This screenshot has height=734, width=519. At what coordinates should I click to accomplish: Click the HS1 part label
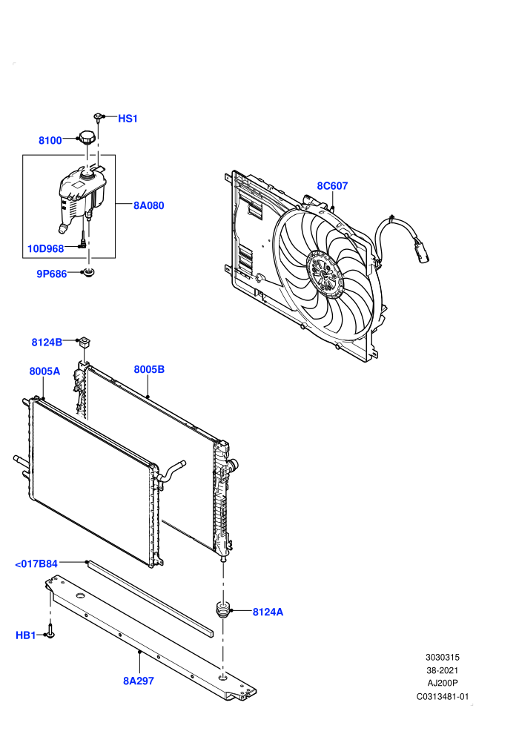coord(128,119)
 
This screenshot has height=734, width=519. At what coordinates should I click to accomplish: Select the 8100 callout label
coord(50,140)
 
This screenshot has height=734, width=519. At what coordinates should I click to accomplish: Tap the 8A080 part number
coord(149,205)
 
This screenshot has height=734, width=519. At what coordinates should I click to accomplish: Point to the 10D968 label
coord(45,248)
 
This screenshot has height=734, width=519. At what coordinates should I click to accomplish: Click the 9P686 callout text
coord(52,274)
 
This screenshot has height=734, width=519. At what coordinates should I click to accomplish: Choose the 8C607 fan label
coord(332,186)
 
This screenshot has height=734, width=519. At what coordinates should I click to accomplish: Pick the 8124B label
coord(47,343)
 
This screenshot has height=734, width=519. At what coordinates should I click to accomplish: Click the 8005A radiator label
coord(44,371)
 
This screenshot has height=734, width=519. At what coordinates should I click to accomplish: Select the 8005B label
coord(149,369)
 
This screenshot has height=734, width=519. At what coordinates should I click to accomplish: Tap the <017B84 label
coord(36,564)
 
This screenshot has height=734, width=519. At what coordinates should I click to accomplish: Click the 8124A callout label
coord(268,612)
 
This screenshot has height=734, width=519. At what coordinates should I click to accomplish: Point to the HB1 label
coord(26,635)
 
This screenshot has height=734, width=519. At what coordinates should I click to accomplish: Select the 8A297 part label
coord(139,681)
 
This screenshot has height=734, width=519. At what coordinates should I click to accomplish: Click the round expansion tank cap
coord(87,137)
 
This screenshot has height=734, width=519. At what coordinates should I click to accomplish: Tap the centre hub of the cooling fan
coord(325,274)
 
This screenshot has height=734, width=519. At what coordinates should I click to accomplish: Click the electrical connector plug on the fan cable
coord(421,250)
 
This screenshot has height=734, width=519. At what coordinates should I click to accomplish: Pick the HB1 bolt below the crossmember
coord(50,630)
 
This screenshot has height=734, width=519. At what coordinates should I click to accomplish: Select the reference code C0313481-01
coord(442,696)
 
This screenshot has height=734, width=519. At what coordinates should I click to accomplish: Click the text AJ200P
coord(443,683)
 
